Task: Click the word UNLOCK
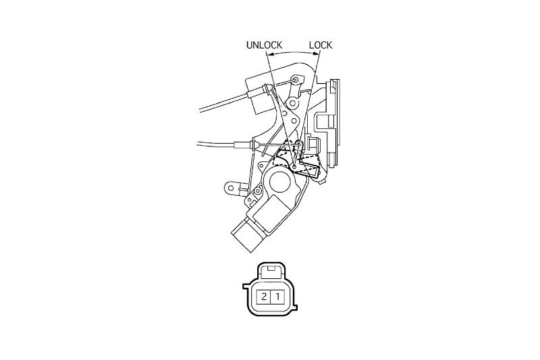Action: [x=264, y=45]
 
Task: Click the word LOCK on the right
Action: [x=320, y=45]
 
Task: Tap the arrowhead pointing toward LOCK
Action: [x=316, y=53]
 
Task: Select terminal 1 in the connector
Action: [x=277, y=297]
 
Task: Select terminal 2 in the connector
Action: [x=264, y=297]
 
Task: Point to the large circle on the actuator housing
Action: [x=280, y=182]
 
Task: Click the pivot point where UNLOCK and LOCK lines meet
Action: [x=294, y=168]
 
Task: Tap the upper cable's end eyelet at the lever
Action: [x=296, y=80]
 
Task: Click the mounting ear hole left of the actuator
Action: [x=231, y=188]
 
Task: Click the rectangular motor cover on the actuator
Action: [x=272, y=213]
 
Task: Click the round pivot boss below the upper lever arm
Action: [x=294, y=103]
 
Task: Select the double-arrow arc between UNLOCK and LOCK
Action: [x=294, y=53]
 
